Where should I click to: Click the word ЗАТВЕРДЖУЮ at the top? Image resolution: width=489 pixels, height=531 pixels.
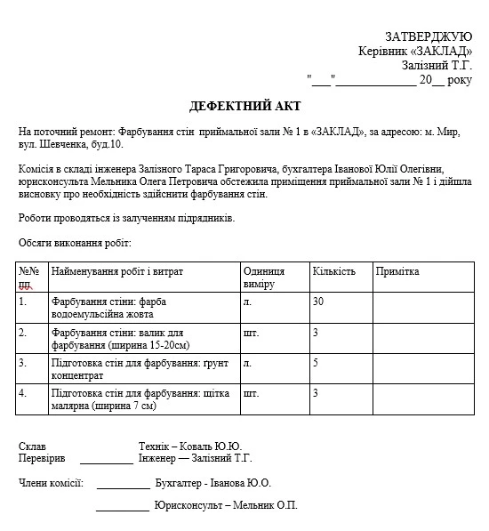(x=428, y=36)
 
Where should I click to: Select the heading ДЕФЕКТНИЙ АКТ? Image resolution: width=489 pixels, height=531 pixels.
(x=243, y=107)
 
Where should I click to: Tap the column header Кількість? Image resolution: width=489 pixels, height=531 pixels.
(x=333, y=271)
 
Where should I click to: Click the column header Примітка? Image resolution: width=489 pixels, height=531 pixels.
(x=397, y=271)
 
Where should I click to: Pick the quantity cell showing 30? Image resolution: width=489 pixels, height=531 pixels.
(x=318, y=302)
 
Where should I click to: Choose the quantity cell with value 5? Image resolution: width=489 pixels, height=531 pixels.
(x=316, y=363)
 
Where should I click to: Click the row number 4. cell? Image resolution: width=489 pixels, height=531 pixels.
(x=24, y=392)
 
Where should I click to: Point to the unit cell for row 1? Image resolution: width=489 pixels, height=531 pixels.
(x=248, y=302)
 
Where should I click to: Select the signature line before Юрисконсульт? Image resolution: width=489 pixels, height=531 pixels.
(x=122, y=510)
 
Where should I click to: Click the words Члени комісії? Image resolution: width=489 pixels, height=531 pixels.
(x=51, y=483)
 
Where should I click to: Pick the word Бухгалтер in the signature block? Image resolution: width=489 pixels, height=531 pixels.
(x=178, y=483)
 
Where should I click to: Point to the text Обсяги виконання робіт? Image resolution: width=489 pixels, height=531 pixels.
(x=75, y=242)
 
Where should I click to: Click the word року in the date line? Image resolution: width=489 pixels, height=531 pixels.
(x=460, y=79)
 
